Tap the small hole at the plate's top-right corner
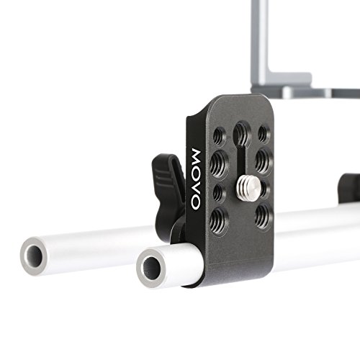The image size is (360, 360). coord(264,133)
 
